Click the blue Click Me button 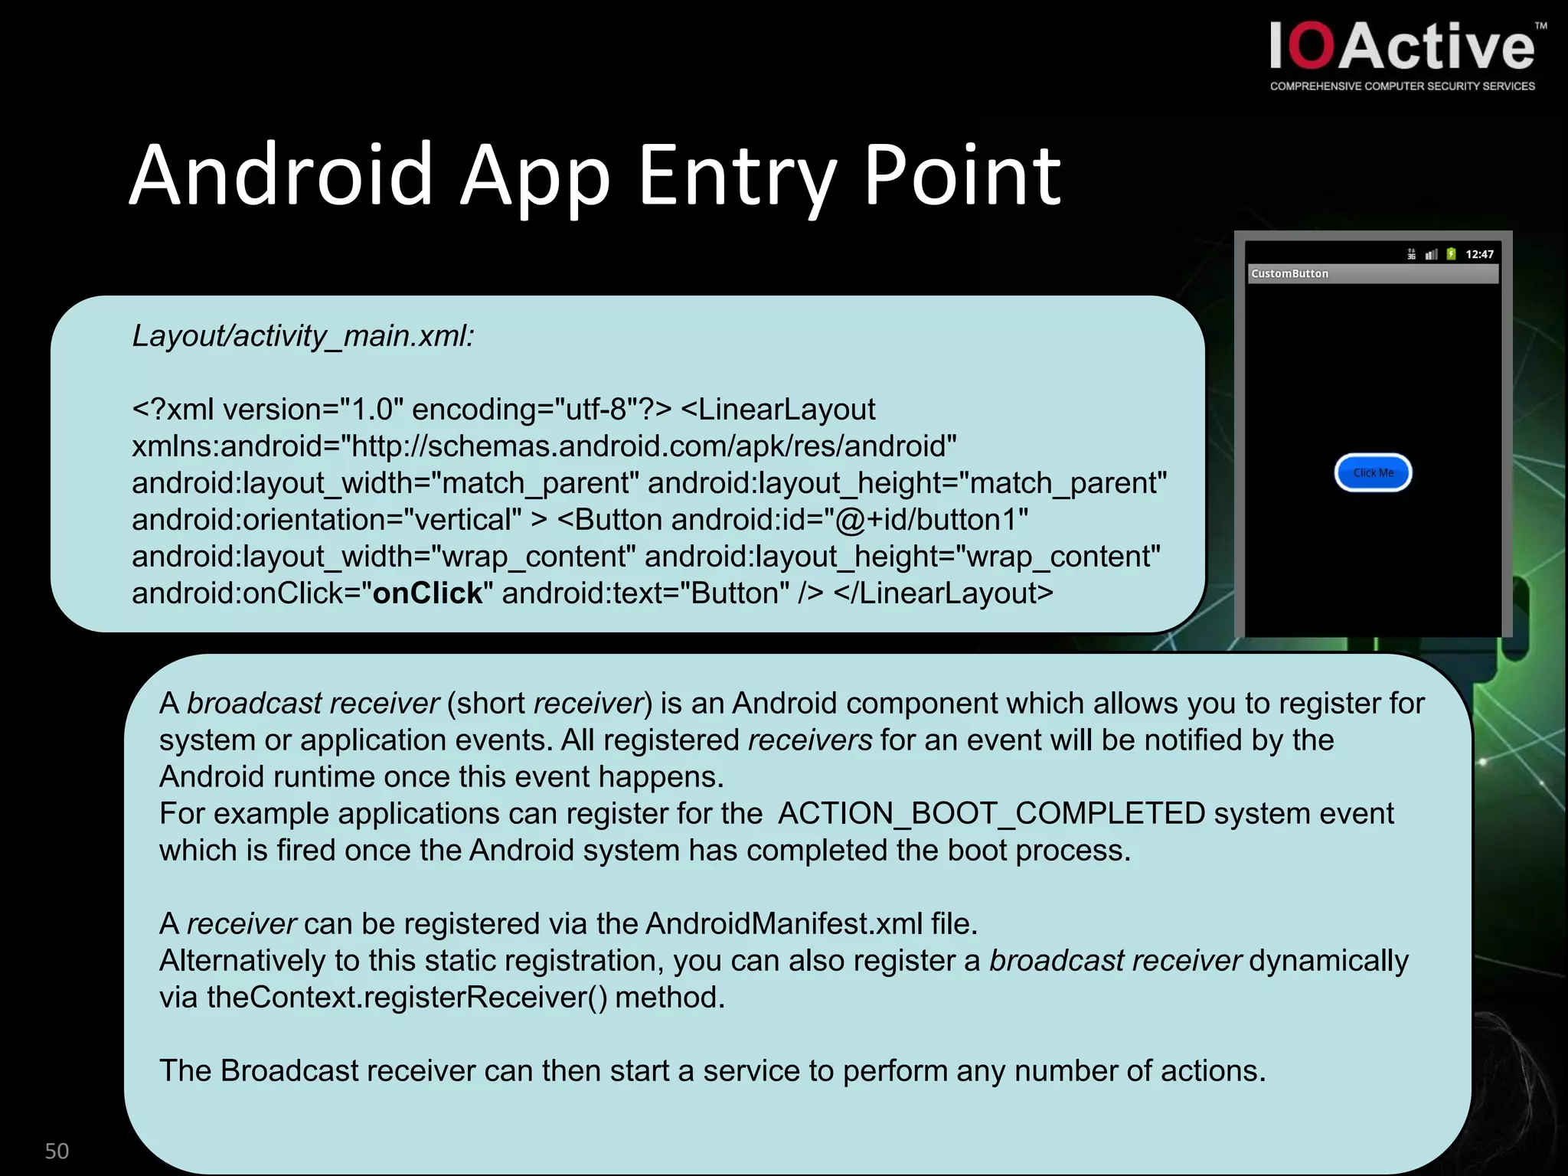tap(1373, 472)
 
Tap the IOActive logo tap(1402, 47)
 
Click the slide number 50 tap(57, 1151)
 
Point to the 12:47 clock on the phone tap(1479, 254)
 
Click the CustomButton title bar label tap(1290, 273)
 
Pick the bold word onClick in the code tap(427, 593)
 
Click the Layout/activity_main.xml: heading tap(303, 335)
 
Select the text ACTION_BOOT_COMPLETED tap(991, 813)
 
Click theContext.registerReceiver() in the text tap(407, 997)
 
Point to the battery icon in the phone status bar tap(1451, 253)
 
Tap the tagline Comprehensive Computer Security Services tap(1402, 87)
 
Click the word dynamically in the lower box tap(1328, 960)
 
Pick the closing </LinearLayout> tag tap(943, 593)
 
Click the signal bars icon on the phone tap(1431, 254)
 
